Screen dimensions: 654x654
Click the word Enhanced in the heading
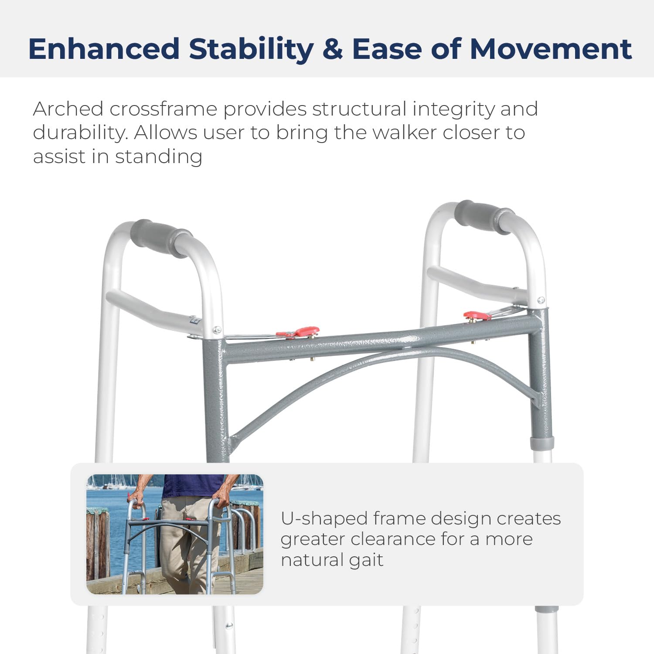104,48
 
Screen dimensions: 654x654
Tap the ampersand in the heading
333,48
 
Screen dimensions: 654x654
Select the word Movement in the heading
551,48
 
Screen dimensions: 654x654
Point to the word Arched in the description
68,109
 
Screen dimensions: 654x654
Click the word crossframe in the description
163,109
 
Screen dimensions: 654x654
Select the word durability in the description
79,133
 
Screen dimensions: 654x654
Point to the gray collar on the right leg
541,443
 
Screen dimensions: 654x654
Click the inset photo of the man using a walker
175,534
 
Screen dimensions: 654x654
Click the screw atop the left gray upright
217,330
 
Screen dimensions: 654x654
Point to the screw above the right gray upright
541,300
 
